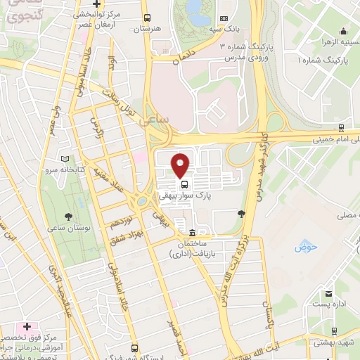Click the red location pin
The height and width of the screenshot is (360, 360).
tap(181, 165)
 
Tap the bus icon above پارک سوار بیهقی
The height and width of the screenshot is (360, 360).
tap(175, 185)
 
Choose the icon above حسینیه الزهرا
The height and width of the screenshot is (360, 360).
tap(342, 30)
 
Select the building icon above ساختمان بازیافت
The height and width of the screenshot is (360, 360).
tap(192, 233)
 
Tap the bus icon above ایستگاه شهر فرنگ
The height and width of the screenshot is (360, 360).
tap(134, 347)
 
